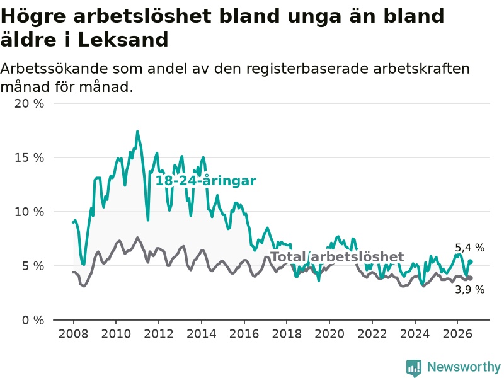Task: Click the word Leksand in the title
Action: [x=123, y=40]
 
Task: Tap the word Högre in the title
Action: [x=33, y=17]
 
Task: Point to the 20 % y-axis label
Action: [x=29, y=103]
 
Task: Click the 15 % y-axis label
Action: [x=29, y=157]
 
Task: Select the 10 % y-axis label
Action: [x=29, y=212]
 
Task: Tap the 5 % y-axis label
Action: [x=33, y=266]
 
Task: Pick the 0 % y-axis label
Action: [x=33, y=320]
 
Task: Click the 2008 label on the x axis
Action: [x=73, y=334]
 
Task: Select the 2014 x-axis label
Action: [x=202, y=334]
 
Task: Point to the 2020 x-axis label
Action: [x=329, y=334]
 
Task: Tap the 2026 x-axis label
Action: [x=457, y=334]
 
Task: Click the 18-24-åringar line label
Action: [x=206, y=181]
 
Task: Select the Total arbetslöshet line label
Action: [x=337, y=257]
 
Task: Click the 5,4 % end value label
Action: [x=469, y=248]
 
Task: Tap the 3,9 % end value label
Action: [x=469, y=290]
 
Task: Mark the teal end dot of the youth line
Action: [x=470, y=261]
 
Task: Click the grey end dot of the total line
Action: [x=470, y=278]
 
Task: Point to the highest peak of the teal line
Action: [x=137, y=131]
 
